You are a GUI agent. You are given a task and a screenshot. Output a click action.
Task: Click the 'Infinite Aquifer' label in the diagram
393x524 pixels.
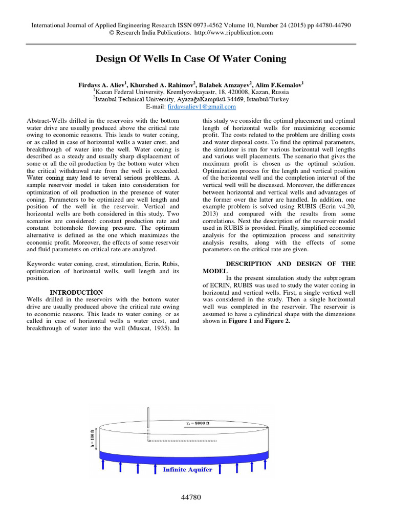pos(187,469)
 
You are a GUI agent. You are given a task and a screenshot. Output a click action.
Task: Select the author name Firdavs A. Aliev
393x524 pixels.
pos(99,83)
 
